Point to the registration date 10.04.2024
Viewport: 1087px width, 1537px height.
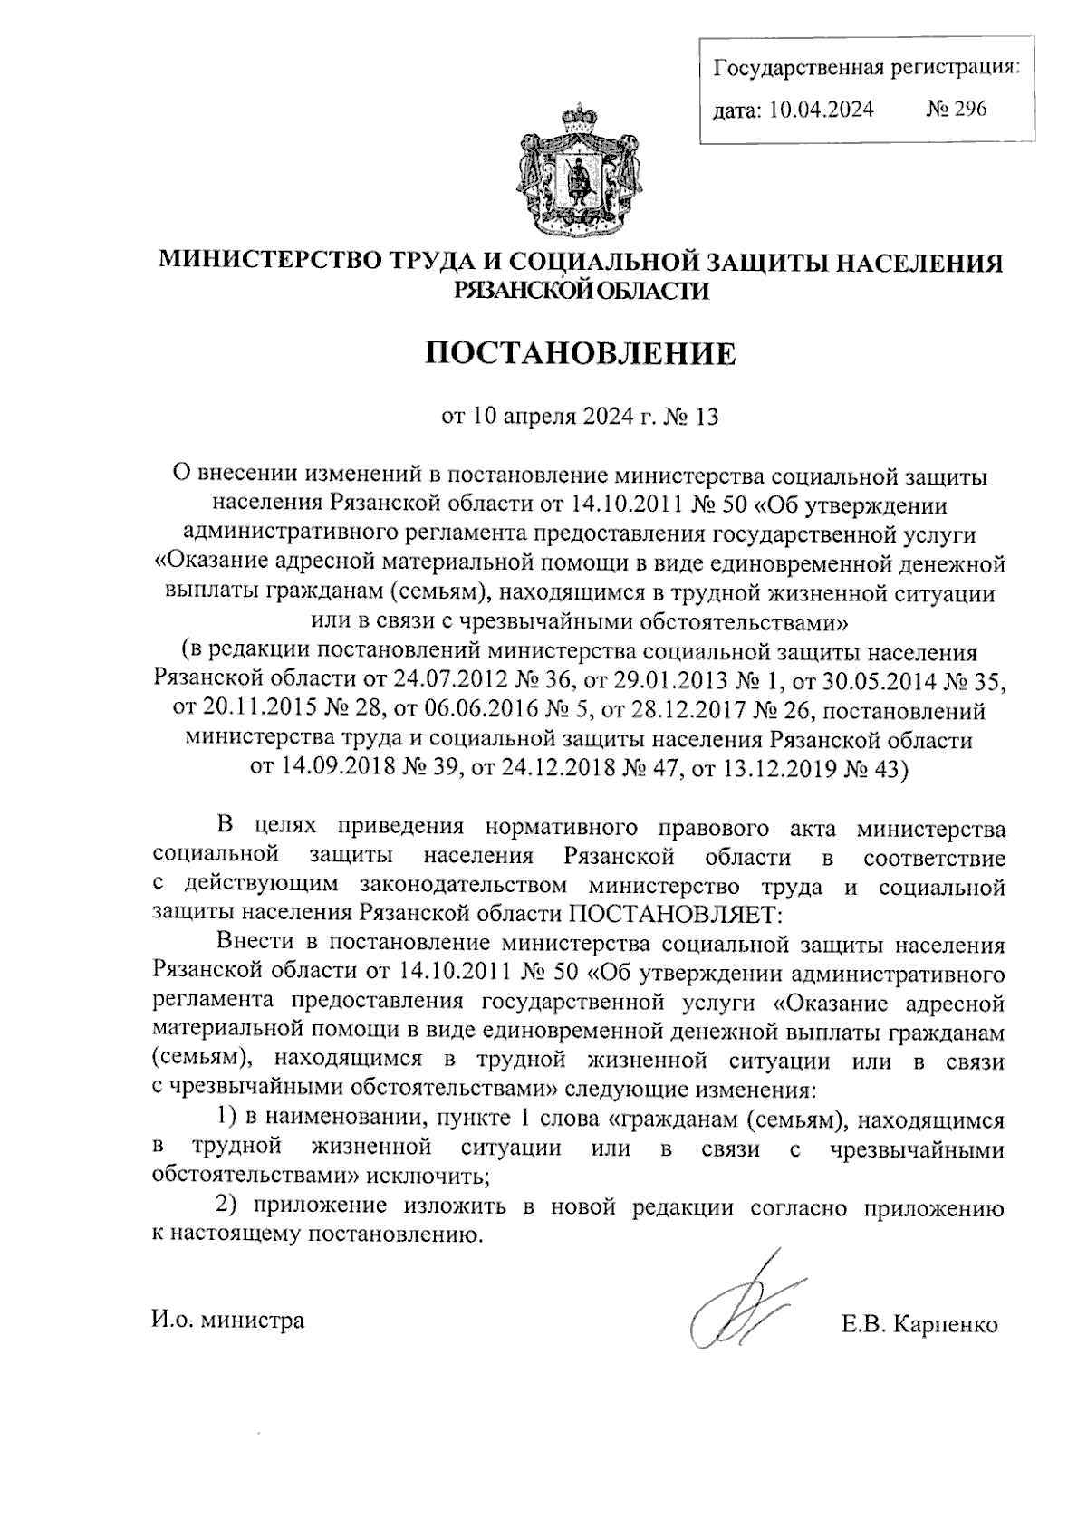tap(822, 110)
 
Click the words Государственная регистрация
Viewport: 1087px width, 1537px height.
tap(865, 67)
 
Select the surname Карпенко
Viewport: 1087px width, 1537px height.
tap(946, 1324)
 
